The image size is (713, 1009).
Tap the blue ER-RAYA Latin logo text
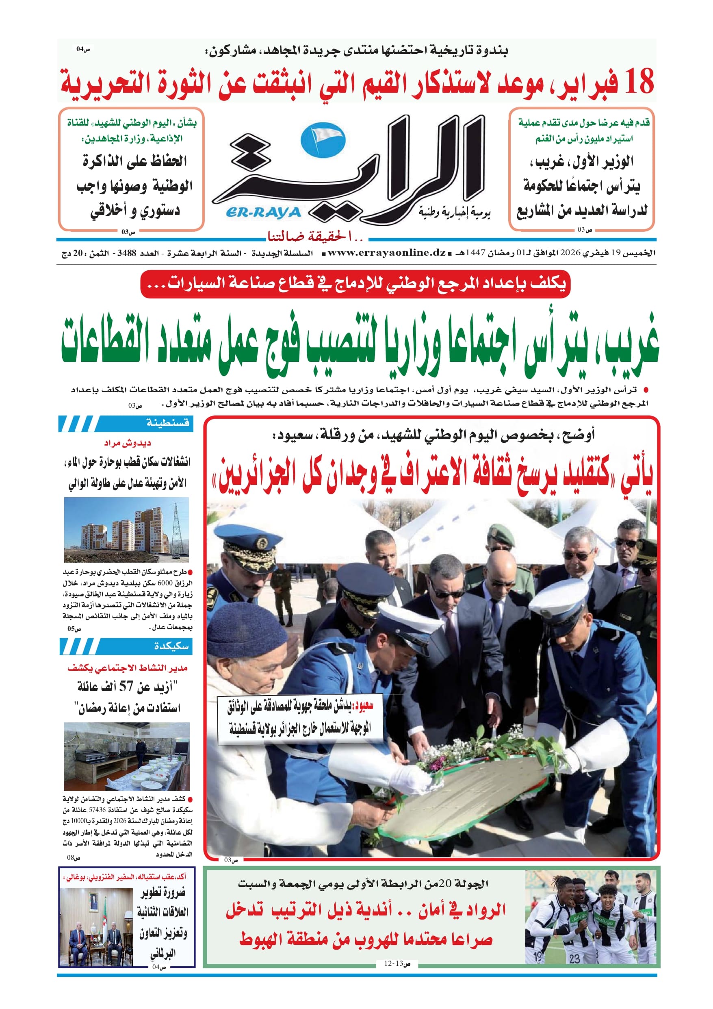click(263, 213)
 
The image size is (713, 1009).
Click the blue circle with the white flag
click(323, 140)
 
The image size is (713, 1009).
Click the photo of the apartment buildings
click(126, 530)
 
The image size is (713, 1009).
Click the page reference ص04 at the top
click(83, 49)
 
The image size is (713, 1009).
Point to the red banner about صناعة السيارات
click(355, 283)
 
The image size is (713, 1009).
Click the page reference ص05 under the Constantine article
click(74, 629)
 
